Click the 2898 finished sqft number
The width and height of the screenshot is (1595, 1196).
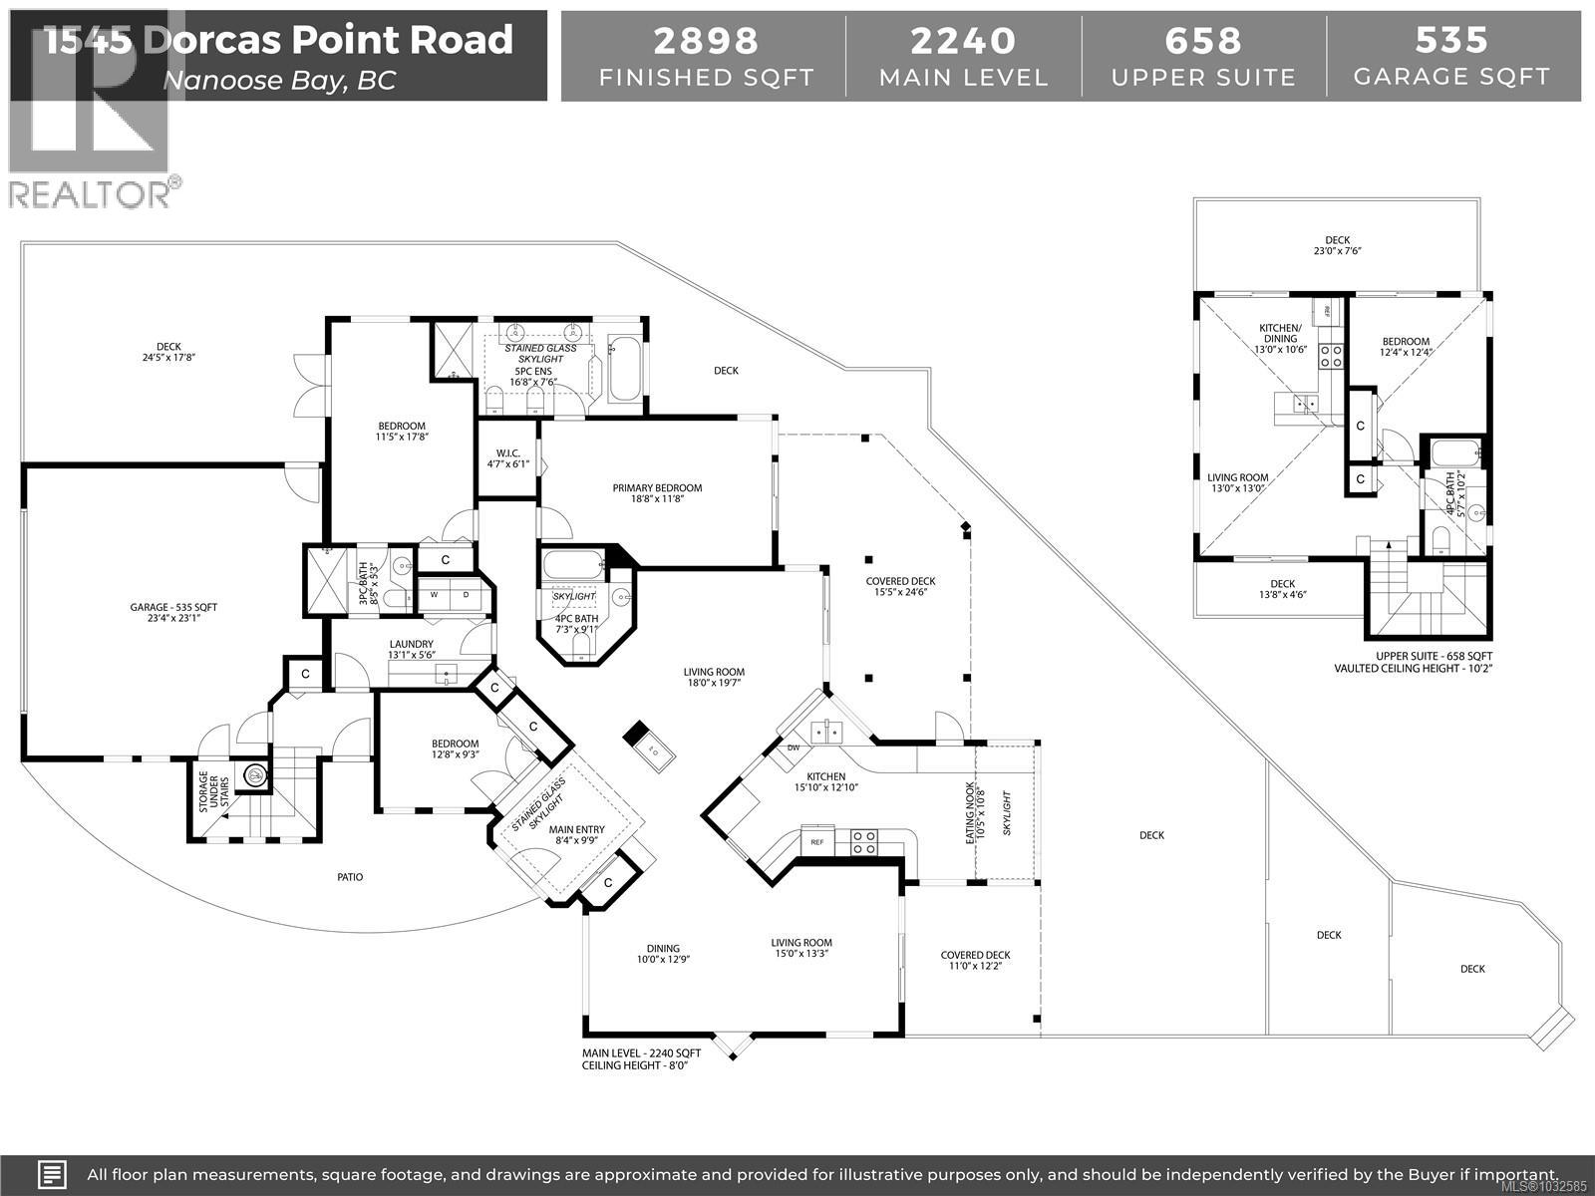705,41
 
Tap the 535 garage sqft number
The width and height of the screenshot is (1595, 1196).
1451,41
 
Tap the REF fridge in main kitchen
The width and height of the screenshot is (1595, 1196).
817,842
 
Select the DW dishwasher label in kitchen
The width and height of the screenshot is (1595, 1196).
794,747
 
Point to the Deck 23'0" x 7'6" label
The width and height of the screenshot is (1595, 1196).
1337,245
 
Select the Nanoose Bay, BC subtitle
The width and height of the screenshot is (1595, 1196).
279,81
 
